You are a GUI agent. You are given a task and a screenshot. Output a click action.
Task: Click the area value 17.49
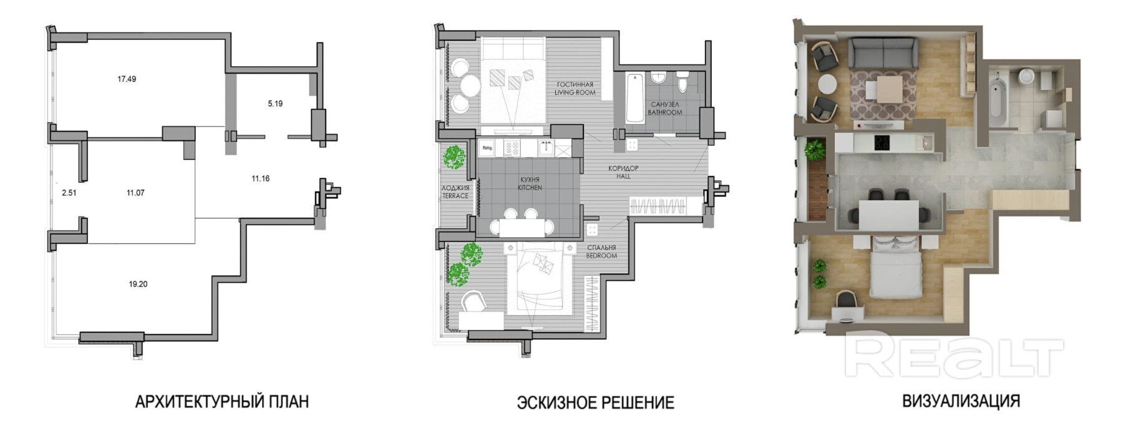click(127, 79)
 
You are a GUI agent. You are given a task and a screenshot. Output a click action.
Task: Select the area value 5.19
click(275, 104)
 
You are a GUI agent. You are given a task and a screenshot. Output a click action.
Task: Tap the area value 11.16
click(261, 178)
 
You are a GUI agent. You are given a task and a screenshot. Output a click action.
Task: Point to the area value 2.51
click(69, 193)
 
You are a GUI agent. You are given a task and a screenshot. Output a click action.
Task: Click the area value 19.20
click(139, 284)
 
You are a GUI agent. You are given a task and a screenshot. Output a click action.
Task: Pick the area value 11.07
click(135, 193)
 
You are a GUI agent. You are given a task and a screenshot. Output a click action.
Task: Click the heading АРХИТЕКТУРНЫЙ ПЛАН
click(222, 401)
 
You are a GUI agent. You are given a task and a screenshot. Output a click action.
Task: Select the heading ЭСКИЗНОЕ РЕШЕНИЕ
click(596, 402)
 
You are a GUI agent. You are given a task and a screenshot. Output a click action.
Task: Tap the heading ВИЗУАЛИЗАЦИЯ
click(961, 401)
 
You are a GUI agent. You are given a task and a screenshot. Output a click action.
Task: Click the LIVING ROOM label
click(575, 92)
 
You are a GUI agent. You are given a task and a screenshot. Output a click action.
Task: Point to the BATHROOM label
click(665, 112)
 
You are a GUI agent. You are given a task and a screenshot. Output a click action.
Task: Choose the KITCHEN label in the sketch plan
click(530, 187)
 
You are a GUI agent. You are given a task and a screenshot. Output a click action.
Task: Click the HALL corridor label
click(623, 176)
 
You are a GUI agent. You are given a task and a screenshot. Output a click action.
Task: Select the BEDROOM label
click(601, 255)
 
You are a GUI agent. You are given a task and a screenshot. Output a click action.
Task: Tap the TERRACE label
click(455, 196)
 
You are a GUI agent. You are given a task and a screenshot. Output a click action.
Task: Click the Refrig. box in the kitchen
click(487, 148)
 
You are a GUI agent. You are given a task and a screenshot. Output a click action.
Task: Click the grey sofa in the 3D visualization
click(883, 52)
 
